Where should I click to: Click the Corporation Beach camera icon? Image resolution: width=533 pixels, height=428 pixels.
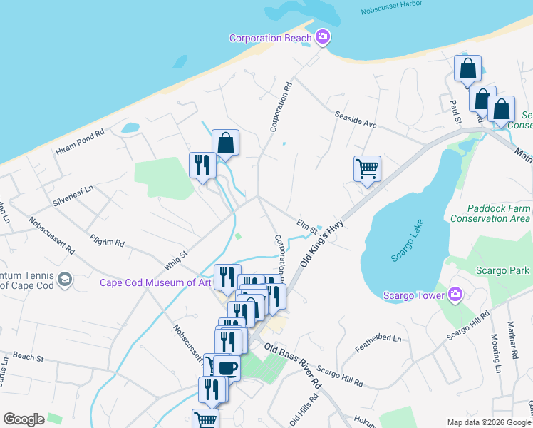323,37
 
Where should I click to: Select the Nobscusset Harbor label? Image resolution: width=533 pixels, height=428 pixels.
393,11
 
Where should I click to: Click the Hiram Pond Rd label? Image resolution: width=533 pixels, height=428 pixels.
80,142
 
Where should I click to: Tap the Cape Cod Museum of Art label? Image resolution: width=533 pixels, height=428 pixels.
155,282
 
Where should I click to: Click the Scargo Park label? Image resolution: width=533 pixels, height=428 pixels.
504,270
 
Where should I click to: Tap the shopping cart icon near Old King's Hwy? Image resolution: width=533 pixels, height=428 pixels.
367,168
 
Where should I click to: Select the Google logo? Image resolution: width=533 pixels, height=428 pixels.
24,419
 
